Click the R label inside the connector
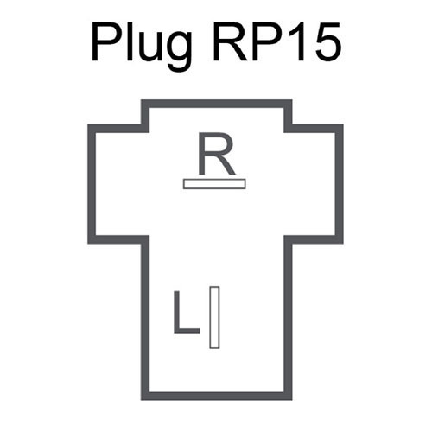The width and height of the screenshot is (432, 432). [x=216, y=154]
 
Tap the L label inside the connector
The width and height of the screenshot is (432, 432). [x=187, y=312]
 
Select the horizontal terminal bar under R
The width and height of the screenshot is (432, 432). [x=214, y=184]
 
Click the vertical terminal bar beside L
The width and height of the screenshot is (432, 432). [x=214, y=317]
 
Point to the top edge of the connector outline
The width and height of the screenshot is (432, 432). [x=217, y=104]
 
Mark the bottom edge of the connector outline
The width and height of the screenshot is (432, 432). [x=217, y=396]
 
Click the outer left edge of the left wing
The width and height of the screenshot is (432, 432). [x=92, y=184]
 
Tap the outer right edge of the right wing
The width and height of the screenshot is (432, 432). [x=340, y=184]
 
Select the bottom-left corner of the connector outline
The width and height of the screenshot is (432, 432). [x=142, y=400]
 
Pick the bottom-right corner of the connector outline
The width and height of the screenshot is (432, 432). [x=292, y=400]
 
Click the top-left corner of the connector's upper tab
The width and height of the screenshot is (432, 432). [x=142, y=100]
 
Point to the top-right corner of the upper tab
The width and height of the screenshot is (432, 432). [x=292, y=100]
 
